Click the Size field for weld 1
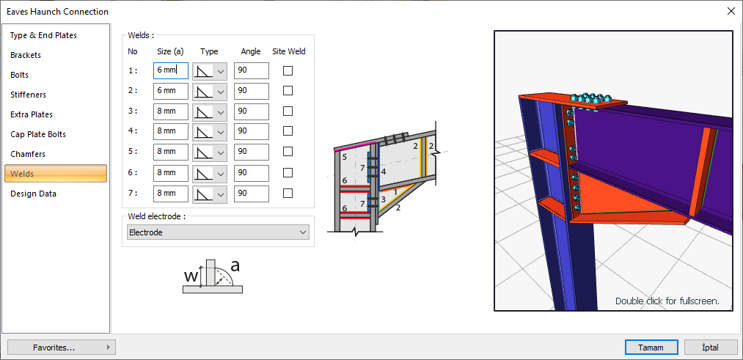[x=171, y=70]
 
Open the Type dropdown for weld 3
[x=210, y=111]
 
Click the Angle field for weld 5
[x=251, y=152]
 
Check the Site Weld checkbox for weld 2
[x=288, y=91]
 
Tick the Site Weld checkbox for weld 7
[x=288, y=194]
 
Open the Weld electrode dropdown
[x=218, y=232]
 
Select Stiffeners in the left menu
[x=29, y=95]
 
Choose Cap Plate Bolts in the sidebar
[x=38, y=134]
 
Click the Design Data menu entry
[x=33, y=194]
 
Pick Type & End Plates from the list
[x=43, y=35]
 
